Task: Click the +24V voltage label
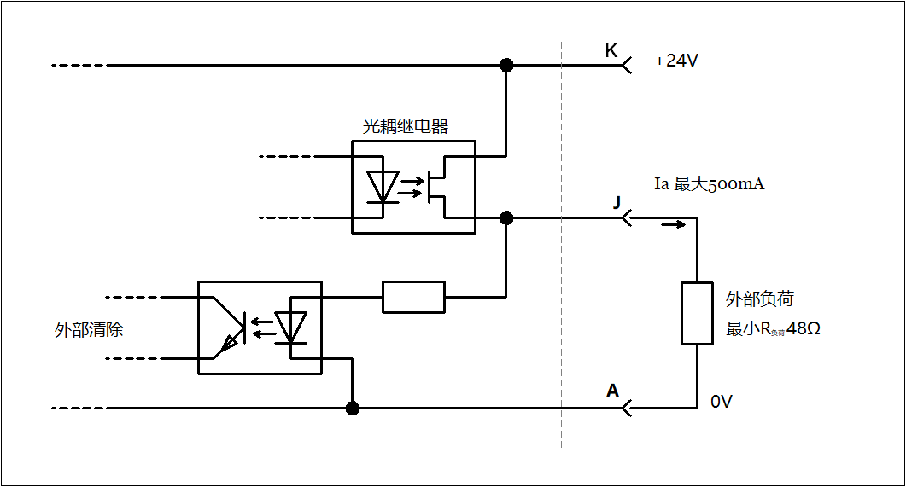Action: [676, 61]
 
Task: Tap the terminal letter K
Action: [611, 51]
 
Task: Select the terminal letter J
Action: [616, 203]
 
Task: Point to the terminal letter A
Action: [612, 391]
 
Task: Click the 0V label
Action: [722, 402]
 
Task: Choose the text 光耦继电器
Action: [406, 126]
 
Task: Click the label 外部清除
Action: [89, 330]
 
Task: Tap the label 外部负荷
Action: [760, 299]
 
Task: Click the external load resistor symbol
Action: [697, 313]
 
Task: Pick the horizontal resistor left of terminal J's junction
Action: [413, 297]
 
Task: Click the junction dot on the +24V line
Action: [506, 65]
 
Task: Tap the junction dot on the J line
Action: [506, 217]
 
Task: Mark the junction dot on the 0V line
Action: [352, 408]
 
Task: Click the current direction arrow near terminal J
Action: [673, 225]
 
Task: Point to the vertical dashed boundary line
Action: [562, 256]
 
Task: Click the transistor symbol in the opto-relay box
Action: [438, 187]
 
